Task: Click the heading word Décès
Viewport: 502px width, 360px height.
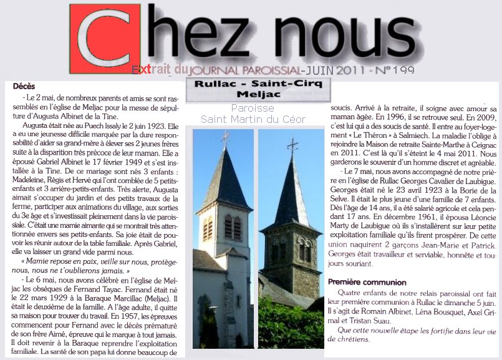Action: pos(24,86)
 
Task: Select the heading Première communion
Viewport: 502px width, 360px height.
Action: pos(367,282)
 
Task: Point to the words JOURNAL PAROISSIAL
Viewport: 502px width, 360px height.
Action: pos(244,71)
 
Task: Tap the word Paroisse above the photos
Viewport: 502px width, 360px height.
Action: pos(230,108)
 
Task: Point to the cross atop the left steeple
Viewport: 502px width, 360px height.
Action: pos(225,136)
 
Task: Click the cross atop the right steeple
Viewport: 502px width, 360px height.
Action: pos(291,145)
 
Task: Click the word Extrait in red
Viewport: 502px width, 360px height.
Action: pos(150,70)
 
